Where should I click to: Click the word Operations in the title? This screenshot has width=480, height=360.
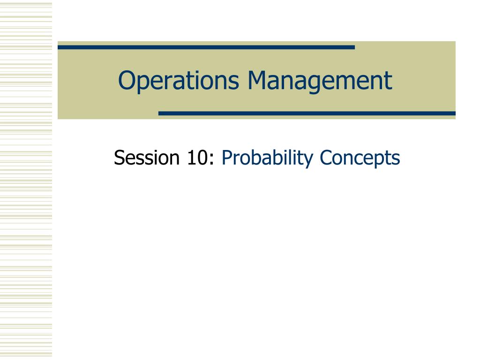(179, 81)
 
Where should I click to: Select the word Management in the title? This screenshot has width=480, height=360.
(320, 81)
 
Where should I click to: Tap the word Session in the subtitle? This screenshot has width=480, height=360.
(147, 157)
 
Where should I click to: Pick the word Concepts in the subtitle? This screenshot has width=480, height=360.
(360, 158)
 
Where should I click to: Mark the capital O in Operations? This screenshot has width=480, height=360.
(127, 80)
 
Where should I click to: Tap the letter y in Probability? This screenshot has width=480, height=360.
(308, 161)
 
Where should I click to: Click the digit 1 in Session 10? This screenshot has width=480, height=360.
(191, 157)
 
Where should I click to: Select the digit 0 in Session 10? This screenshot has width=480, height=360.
(202, 157)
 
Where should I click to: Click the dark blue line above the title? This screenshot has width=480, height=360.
(206, 47)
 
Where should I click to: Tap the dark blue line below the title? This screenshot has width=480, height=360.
(307, 113)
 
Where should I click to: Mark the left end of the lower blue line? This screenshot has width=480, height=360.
(158, 113)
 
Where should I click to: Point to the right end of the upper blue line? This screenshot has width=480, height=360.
(354, 47)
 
